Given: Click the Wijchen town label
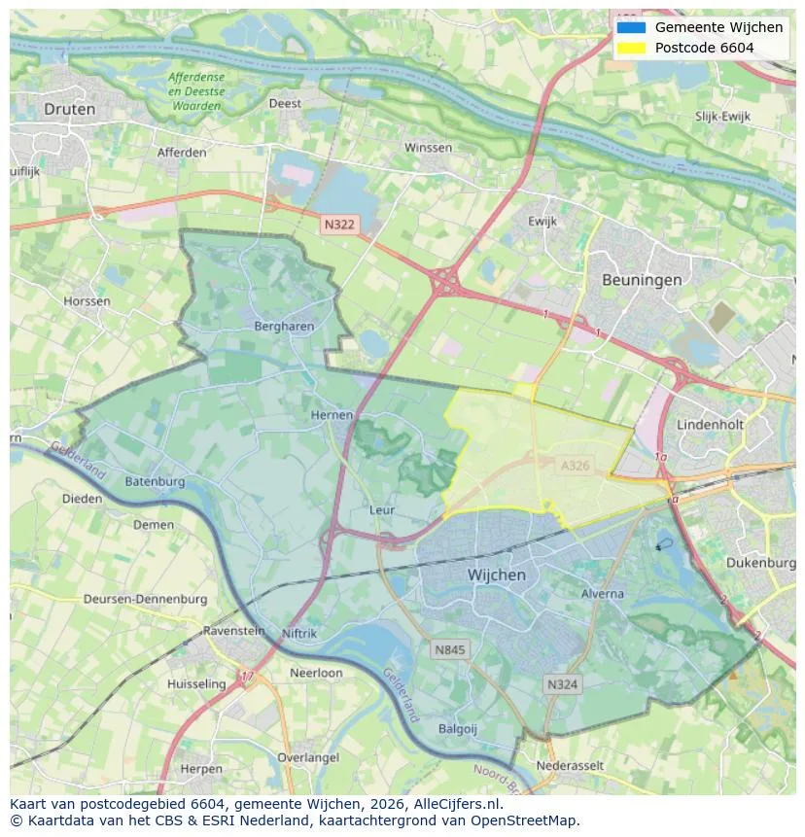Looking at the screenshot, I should pos(496,575).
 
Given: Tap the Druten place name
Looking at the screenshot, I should pos(70,110).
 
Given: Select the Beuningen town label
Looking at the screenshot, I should pos(641,279).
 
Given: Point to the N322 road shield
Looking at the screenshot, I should pos(339,225).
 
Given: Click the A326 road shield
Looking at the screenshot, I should pos(575,467).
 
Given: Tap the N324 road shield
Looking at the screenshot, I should pos(562,684).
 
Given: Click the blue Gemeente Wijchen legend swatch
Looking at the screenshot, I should pos(630,27).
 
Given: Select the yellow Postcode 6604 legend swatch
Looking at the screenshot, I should pos(630,48).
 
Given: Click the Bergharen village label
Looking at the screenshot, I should pos(284,327).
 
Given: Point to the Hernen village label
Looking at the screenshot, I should pos(332,415).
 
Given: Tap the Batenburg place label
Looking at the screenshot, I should pos(155,481).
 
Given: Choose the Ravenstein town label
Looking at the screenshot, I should pos(233,631).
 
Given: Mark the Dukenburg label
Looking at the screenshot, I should pos(760,563).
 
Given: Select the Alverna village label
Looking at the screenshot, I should pos(602,592).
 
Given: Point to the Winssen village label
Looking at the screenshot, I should pos(428,148).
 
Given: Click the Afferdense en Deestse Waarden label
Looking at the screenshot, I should pos(195,90).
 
